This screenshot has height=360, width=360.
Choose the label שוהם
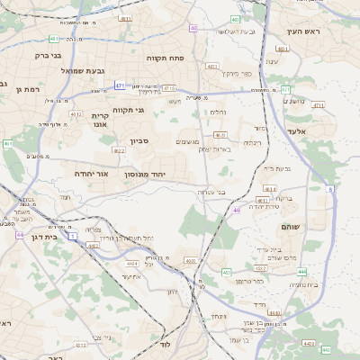tap(290, 227)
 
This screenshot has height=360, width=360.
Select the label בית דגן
tap(37, 237)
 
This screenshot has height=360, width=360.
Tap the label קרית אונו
tap(99, 121)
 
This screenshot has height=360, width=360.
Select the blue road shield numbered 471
tap(120, 86)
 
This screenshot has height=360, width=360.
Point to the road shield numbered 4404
tap(131, 263)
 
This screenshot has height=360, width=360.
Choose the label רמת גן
tap(33, 89)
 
